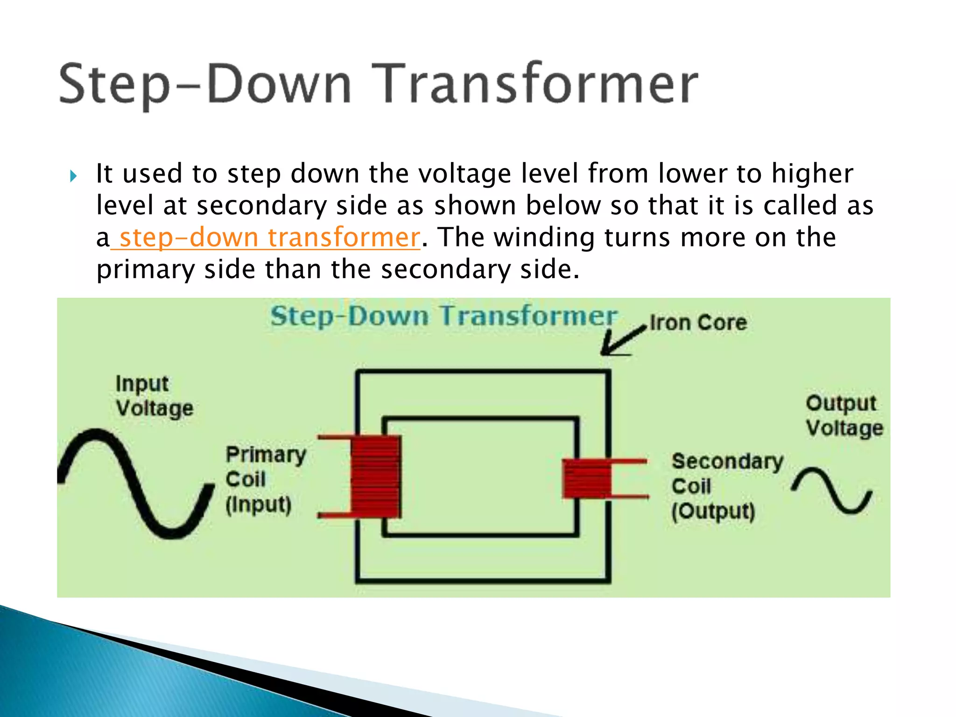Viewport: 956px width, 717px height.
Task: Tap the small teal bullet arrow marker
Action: (x=73, y=176)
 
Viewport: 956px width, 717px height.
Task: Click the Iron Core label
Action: (x=698, y=323)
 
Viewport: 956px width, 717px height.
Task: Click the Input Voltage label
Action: (x=154, y=396)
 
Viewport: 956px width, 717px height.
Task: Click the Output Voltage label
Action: (x=844, y=415)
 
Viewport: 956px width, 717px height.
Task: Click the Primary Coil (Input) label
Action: (x=265, y=479)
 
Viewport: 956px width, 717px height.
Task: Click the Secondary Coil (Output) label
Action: (x=726, y=486)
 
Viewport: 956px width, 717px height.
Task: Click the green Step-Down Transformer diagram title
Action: (x=443, y=316)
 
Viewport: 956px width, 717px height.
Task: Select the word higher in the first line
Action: (x=812, y=174)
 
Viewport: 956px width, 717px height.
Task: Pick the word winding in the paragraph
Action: (x=544, y=237)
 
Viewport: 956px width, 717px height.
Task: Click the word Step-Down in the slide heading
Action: (x=205, y=84)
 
